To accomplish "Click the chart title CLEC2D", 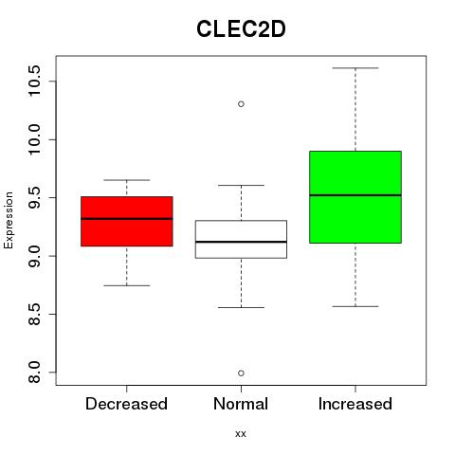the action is pyautogui.click(x=241, y=29).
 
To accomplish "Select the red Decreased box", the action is pyautogui.click(x=127, y=221).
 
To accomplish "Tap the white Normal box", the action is pyautogui.click(x=241, y=239).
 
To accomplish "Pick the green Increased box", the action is pyautogui.click(x=355, y=197).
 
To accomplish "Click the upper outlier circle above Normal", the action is pyautogui.click(x=241, y=104).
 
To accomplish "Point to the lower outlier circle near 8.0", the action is pyautogui.click(x=241, y=373).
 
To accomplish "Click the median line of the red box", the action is pyautogui.click(x=127, y=219).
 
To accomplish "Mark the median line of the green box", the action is pyautogui.click(x=355, y=195).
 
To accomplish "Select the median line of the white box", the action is pyautogui.click(x=241, y=242).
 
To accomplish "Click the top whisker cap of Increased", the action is pyautogui.click(x=355, y=68).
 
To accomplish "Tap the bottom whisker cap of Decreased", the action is pyautogui.click(x=127, y=285).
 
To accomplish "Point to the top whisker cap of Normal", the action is pyautogui.click(x=241, y=185).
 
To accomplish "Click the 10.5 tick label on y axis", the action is pyautogui.click(x=34, y=81).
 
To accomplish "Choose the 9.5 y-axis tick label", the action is pyautogui.click(x=34, y=197).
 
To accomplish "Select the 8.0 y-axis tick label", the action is pyautogui.click(x=34, y=373).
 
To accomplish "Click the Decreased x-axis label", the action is pyautogui.click(x=126, y=404).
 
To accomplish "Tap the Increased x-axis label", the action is pyautogui.click(x=355, y=404).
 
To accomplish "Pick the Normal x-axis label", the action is pyautogui.click(x=241, y=404).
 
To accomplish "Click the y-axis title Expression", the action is pyautogui.click(x=9, y=220).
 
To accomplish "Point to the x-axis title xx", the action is pyautogui.click(x=241, y=434).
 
